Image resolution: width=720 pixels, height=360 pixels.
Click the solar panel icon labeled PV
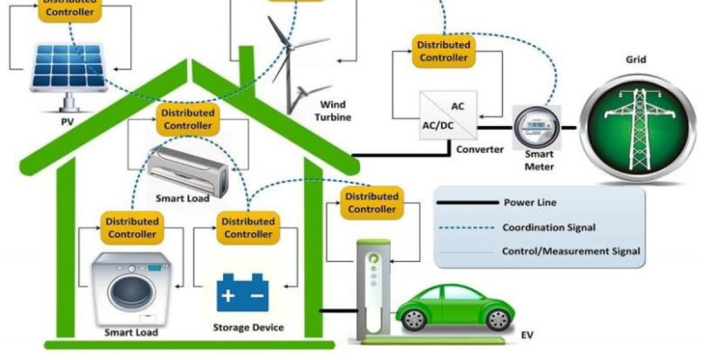tap(68, 66)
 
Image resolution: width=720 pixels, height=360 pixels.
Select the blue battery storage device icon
tap(242, 292)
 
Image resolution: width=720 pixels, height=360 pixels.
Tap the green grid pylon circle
tap(637, 128)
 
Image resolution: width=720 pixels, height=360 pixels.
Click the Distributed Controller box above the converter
tap(443, 51)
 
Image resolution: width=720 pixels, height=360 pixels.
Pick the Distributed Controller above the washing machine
tap(132, 227)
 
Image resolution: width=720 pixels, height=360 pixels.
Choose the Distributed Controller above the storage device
tap(248, 227)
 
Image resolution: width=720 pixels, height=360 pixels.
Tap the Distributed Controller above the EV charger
tap(371, 203)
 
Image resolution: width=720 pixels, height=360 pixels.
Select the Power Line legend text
tap(530, 202)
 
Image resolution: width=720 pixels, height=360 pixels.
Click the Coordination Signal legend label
tap(549, 227)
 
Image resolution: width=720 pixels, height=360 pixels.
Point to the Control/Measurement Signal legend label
tap(571, 251)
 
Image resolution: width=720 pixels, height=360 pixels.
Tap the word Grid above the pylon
tap(636, 59)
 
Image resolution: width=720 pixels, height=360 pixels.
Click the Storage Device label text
tap(248, 328)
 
